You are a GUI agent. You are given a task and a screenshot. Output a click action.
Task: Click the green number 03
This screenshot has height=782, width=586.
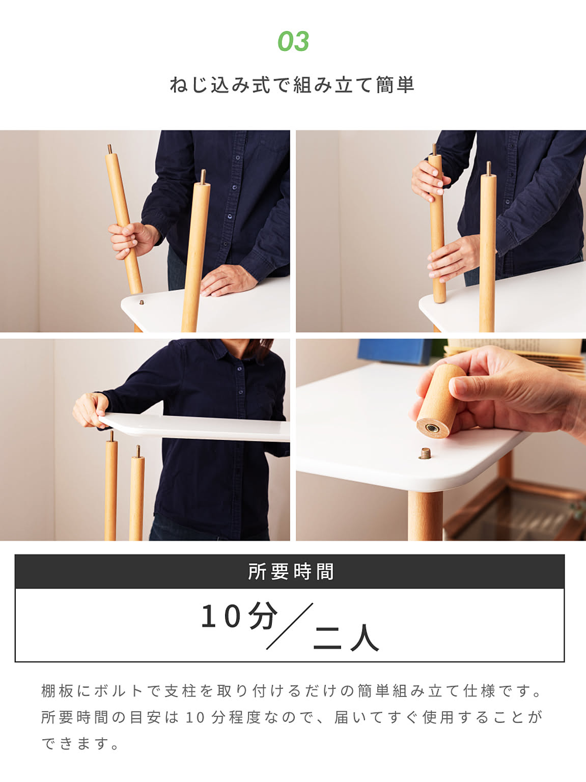coord(293,41)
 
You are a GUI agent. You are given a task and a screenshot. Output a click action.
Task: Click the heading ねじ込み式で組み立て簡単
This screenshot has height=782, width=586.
coord(292,85)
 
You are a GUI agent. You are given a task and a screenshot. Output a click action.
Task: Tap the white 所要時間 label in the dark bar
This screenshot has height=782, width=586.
coord(291,572)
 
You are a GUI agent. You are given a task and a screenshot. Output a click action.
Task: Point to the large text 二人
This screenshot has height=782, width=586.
coord(346,638)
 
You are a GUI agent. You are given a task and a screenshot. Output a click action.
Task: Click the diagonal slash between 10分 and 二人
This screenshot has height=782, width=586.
coord(290,626)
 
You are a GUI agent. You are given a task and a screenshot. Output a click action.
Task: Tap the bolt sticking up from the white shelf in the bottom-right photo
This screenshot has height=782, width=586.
coord(425,454)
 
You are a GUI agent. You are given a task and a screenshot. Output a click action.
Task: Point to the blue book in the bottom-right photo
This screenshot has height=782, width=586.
coord(395,351)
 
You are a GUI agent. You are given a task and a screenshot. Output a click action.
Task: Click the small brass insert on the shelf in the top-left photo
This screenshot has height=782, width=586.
coord(142,302)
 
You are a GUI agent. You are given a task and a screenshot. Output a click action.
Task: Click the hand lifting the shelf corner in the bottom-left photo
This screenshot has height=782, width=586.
coord(91,410)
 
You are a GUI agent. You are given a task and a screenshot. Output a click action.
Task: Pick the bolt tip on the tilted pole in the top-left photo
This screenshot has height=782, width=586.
coord(110,149)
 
